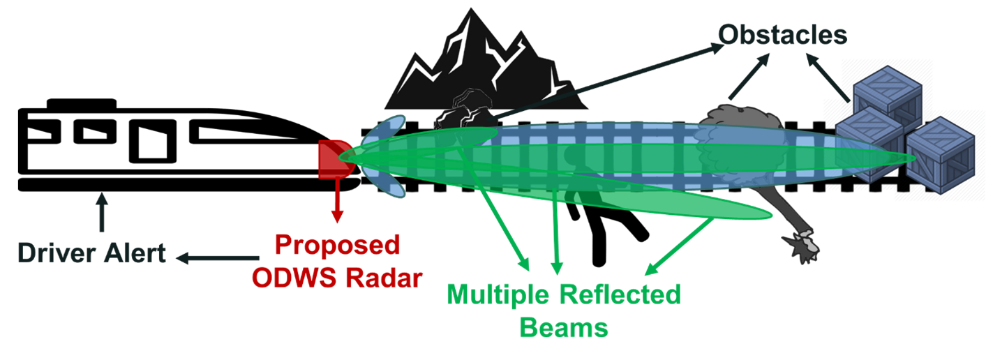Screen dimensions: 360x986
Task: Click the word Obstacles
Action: [783, 35]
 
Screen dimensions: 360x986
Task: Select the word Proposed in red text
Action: [338, 246]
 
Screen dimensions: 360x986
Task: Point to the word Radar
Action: [384, 278]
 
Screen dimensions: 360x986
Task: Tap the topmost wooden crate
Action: [886, 91]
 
